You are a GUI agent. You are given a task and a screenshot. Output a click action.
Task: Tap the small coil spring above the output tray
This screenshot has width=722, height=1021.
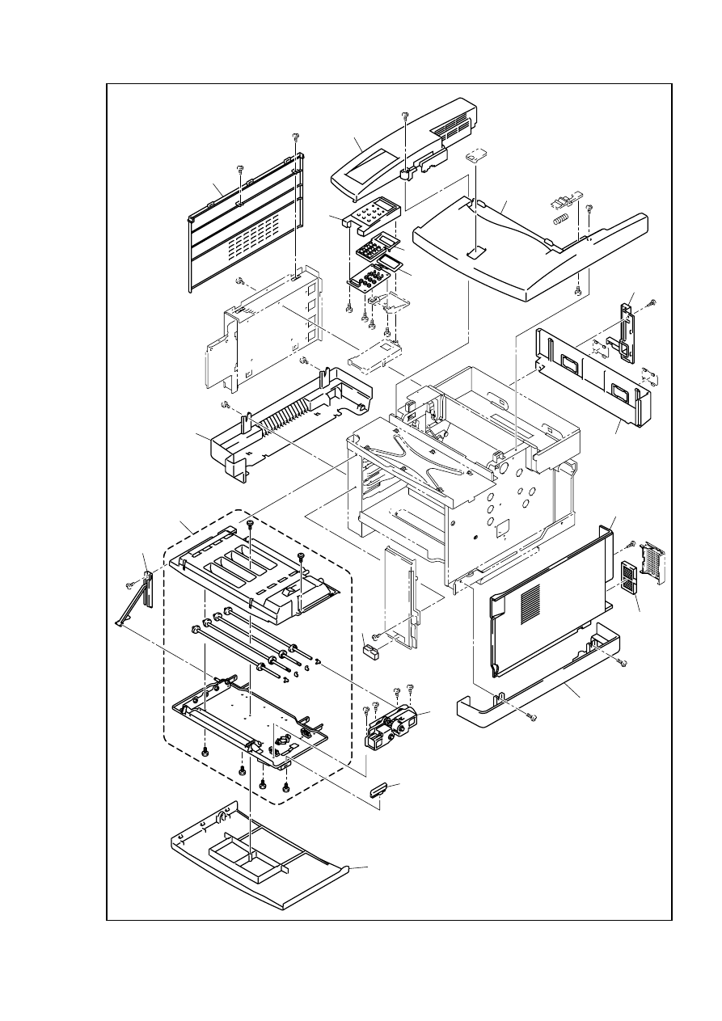tap(558, 219)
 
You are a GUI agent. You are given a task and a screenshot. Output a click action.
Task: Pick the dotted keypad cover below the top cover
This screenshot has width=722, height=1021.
tap(371, 214)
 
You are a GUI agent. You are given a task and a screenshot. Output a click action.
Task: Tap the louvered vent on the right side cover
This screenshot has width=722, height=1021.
tap(530, 602)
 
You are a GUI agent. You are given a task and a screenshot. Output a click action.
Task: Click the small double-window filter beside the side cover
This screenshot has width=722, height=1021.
tap(627, 579)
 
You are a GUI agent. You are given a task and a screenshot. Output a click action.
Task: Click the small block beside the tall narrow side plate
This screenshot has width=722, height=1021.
tap(371, 649)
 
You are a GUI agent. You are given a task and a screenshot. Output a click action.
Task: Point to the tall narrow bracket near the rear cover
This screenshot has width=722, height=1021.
tap(627, 331)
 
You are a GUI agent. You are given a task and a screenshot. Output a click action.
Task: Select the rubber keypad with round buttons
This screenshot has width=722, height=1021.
tap(371, 277)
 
